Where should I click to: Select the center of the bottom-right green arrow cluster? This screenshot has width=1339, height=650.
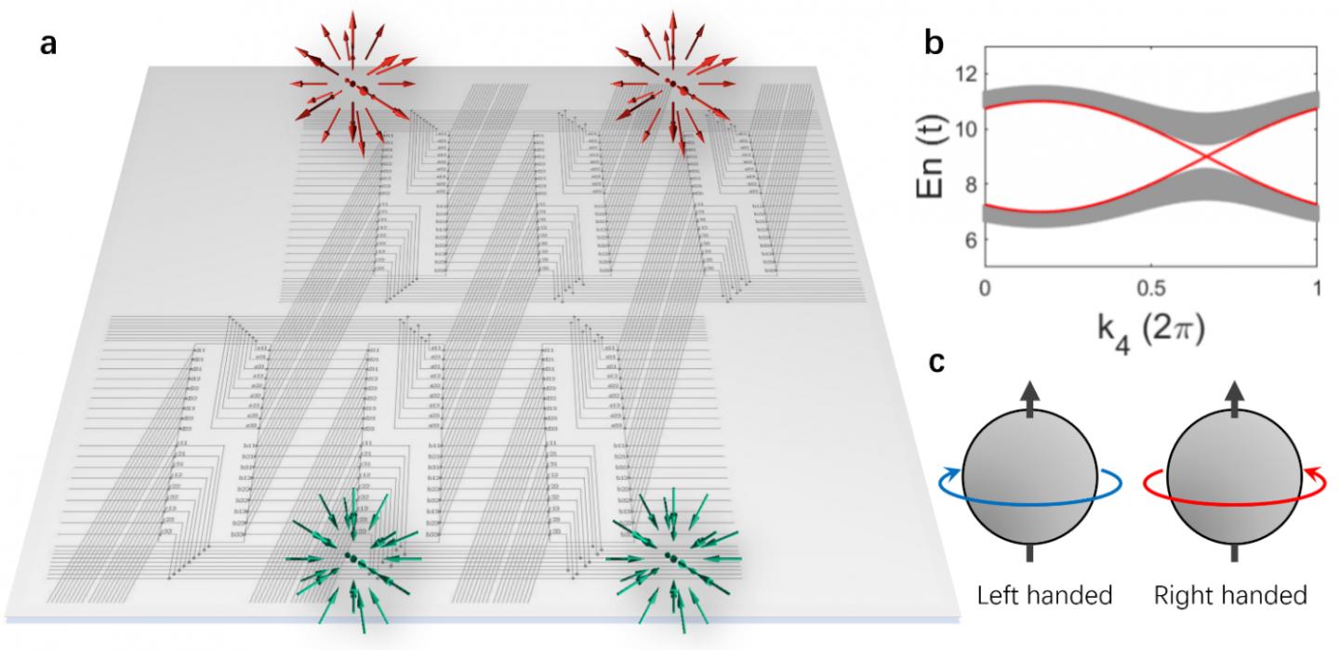point(671,557)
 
